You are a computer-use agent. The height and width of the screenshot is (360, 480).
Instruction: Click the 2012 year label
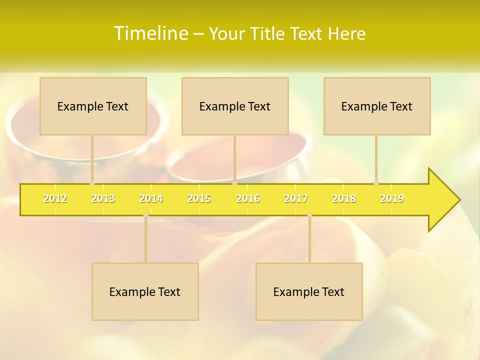click(x=55, y=198)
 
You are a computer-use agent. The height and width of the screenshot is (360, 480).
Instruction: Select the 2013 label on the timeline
click(x=103, y=198)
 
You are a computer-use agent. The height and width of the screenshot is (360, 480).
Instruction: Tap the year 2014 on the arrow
click(x=151, y=198)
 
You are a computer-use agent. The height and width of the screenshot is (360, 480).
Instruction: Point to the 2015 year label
click(x=199, y=198)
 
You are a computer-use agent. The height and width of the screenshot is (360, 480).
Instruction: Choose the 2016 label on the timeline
click(x=248, y=198)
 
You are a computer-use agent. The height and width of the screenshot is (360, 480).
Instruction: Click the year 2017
click(x=296, y=198)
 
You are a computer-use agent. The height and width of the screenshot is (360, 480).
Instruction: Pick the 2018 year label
click(x=344, y=198)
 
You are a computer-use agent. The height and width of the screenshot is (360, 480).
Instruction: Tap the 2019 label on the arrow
click(x=392, y=198)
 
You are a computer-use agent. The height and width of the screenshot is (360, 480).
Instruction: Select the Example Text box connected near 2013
click(x=93, y=106)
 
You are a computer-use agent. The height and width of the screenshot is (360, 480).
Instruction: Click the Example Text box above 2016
click(x=235, y=106)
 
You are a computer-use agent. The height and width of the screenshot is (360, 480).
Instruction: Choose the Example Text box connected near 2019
click(x=377, y=106)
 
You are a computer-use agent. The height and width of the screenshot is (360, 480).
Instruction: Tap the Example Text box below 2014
click(x=145, y=291)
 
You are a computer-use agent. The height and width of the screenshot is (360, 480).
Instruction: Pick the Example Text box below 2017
click(x=309, y=291)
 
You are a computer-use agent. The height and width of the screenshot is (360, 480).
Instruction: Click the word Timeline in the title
click(x=150, y=33)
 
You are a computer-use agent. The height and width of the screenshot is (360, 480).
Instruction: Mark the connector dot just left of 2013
click(x=92, y=183)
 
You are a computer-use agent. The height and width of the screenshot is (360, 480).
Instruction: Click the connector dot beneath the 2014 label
click(x=145, y=215)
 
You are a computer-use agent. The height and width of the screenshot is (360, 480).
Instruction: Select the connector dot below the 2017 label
click(x=309, y=215)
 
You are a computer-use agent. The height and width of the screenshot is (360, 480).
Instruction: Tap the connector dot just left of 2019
click(x=376, y=183)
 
